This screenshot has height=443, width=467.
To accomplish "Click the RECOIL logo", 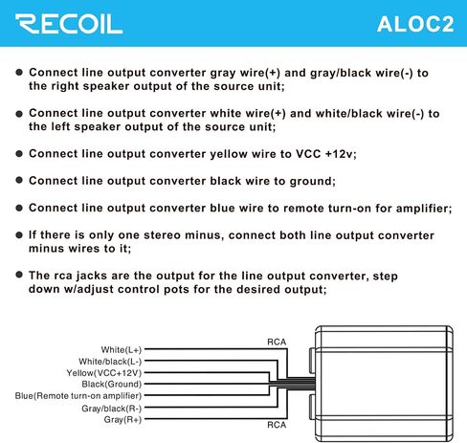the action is tap(69, 24).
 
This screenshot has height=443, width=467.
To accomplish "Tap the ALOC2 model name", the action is tap(415, 24).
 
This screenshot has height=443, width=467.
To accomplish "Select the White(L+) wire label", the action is tap(122, 349).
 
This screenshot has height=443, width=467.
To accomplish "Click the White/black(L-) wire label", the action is tap(110, 362).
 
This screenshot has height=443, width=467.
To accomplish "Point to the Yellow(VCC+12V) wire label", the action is tap(104, 373).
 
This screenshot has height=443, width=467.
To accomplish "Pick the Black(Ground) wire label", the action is tap(112, 384).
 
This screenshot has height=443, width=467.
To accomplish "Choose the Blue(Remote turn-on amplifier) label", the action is tap(78, 396).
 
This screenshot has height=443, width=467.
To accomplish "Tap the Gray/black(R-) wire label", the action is tap(112, 409).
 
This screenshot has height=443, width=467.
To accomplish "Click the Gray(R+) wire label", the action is tap(122, 419).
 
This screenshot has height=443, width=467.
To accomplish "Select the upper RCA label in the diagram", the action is tap(277, 342).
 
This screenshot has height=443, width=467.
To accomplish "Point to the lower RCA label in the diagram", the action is tap(277, 425).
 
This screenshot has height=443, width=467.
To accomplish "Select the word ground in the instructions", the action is tap(313, 182).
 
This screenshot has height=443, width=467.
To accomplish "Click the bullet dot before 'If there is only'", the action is tap(19, 235).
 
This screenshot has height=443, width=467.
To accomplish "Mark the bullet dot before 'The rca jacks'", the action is tap(19, 275).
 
